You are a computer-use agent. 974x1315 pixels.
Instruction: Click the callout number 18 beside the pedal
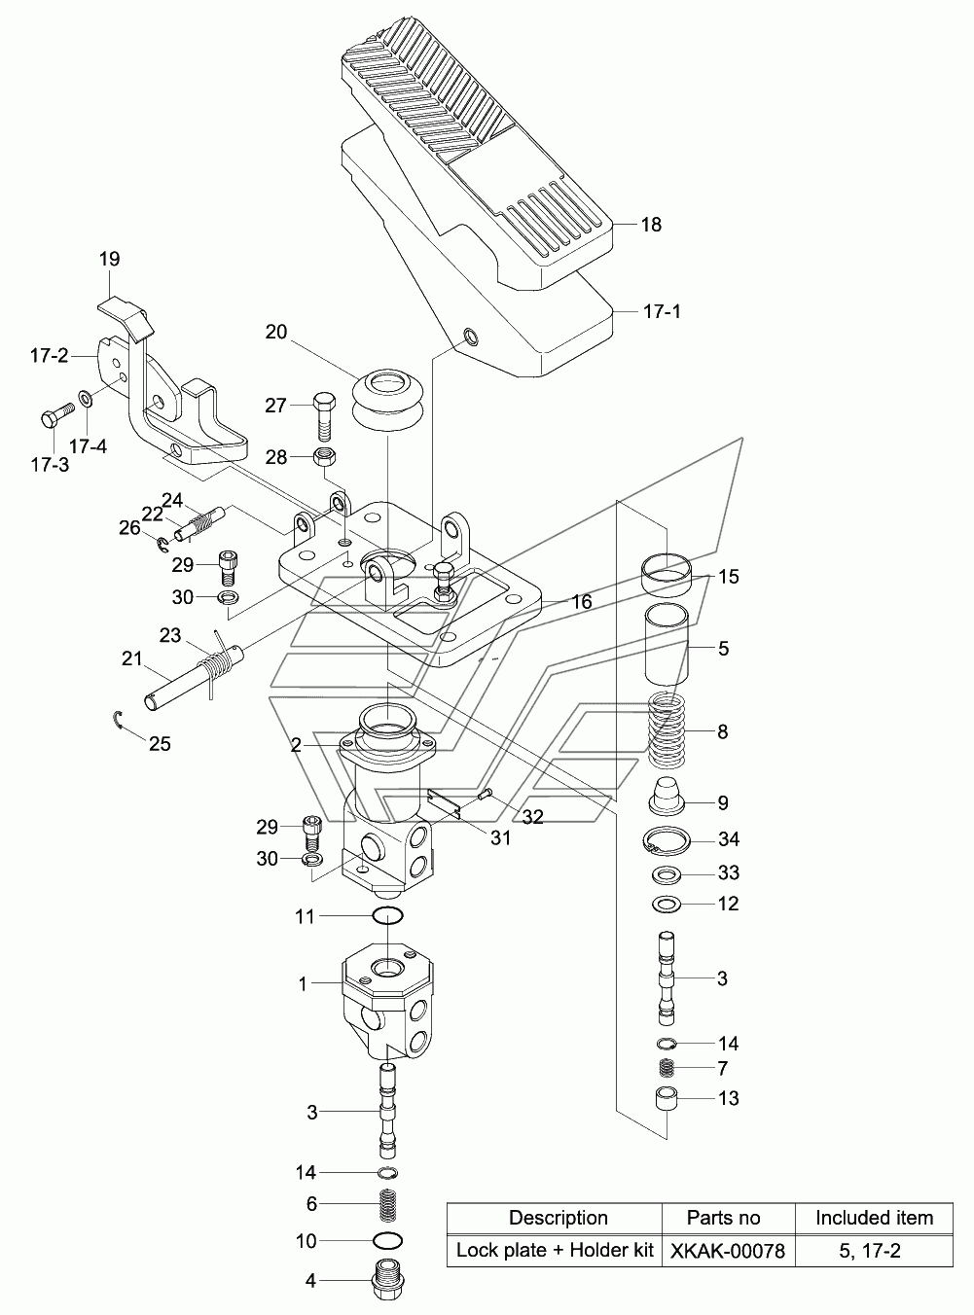[651, 225]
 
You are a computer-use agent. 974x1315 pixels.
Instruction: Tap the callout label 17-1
[662, 311]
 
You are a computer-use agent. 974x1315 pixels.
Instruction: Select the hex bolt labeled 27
[323, 416]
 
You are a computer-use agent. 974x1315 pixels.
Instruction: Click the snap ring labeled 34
[667, 840]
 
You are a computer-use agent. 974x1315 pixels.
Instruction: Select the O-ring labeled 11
[388, 916]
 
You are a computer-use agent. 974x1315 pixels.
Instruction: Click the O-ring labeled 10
[388, 1240]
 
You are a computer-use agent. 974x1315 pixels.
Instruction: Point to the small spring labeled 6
[388, 1205]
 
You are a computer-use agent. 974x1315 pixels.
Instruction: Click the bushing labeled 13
[667, 1099]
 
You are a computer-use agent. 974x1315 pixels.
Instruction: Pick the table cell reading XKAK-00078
[728, 1252]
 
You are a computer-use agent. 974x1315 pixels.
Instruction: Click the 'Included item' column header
[874, 1218]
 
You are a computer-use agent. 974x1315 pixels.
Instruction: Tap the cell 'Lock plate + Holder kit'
[554, 1251]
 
